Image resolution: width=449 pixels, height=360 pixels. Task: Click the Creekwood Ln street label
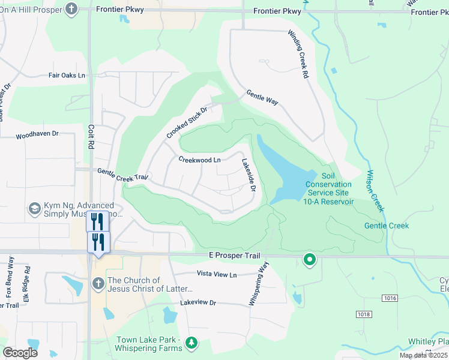pos(200,160)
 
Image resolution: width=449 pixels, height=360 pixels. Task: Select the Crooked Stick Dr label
pos(187,122)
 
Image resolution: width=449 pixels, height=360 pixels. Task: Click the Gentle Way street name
pos(262,98)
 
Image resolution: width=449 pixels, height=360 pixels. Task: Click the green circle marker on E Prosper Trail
pos(310,259)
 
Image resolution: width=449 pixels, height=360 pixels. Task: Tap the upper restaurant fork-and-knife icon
pos(97,221)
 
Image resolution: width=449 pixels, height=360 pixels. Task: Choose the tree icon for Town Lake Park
pos(191,343)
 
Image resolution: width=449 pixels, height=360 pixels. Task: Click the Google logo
pos(20,353)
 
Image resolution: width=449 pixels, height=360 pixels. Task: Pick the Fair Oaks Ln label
pos(67,76)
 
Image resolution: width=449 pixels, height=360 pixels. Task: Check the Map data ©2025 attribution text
pos(423,355)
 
